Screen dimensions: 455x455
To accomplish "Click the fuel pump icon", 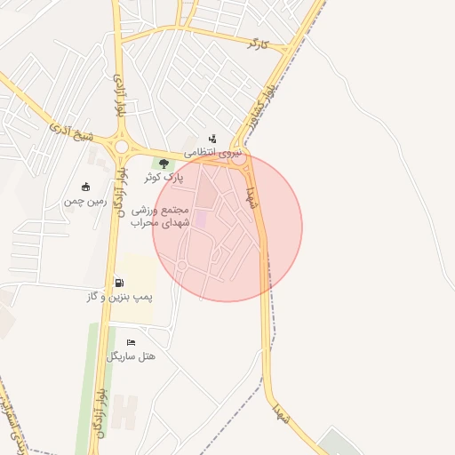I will coord(119,283).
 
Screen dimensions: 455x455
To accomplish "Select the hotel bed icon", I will coord(132,343).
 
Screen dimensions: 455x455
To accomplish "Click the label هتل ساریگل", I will coord(132,356).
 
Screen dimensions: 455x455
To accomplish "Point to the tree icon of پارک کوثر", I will coord(164,164).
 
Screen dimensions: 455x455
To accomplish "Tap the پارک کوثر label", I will coord(164,178).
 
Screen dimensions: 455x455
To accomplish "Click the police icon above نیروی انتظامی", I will coord(212,139).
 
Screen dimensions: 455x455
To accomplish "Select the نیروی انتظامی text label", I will coord(213,153).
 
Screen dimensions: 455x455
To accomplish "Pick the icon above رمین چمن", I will coord(85,187).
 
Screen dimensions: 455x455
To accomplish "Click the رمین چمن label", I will coord(85,201).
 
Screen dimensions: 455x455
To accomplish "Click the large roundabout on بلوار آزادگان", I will coord(121,147).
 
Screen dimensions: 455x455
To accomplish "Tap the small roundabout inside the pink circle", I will coord(182,265).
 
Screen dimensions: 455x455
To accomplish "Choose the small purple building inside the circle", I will coord(201,219).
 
